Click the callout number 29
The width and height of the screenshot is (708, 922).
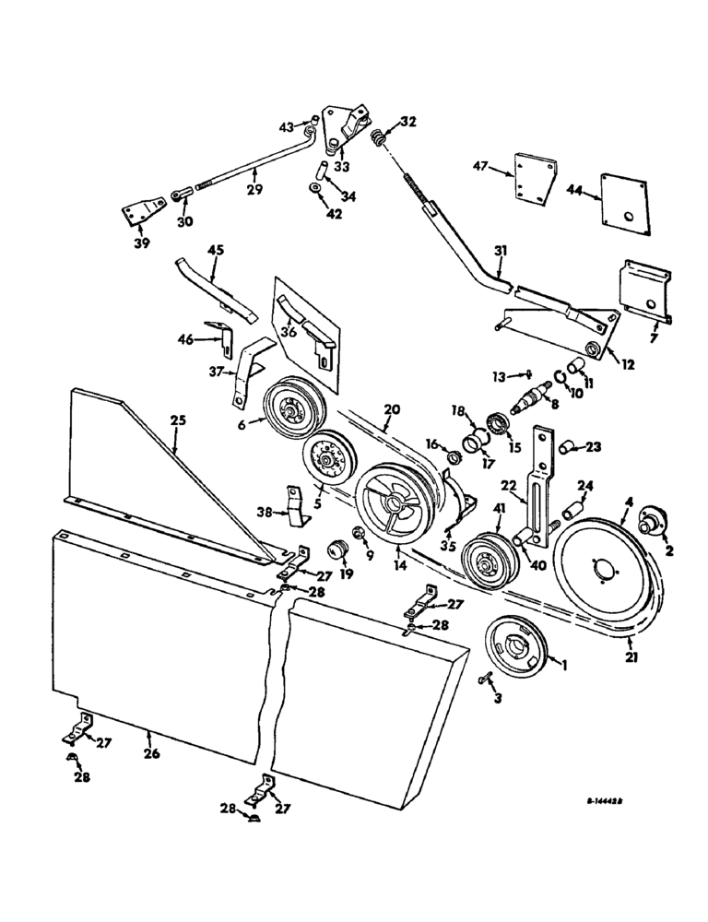pos(254,190)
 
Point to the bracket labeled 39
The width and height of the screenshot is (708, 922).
pos(138,214)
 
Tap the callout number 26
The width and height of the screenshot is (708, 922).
pos(151,753)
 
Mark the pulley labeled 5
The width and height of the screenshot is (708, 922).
pos(324,455)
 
